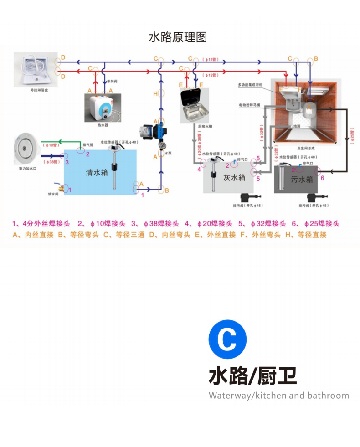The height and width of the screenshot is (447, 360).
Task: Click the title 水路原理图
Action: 178,37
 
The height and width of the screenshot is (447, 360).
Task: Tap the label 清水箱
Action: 97,172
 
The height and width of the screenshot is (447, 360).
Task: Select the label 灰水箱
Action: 234,177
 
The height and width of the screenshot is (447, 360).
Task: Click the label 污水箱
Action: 302,180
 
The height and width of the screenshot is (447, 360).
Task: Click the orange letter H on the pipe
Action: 155,94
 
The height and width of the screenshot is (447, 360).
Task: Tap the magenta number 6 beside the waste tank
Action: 322,178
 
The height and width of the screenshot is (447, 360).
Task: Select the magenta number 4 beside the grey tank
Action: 199,170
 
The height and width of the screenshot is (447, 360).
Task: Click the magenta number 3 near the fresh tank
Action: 67,162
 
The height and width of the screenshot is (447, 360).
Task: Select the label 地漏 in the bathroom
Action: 297,126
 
